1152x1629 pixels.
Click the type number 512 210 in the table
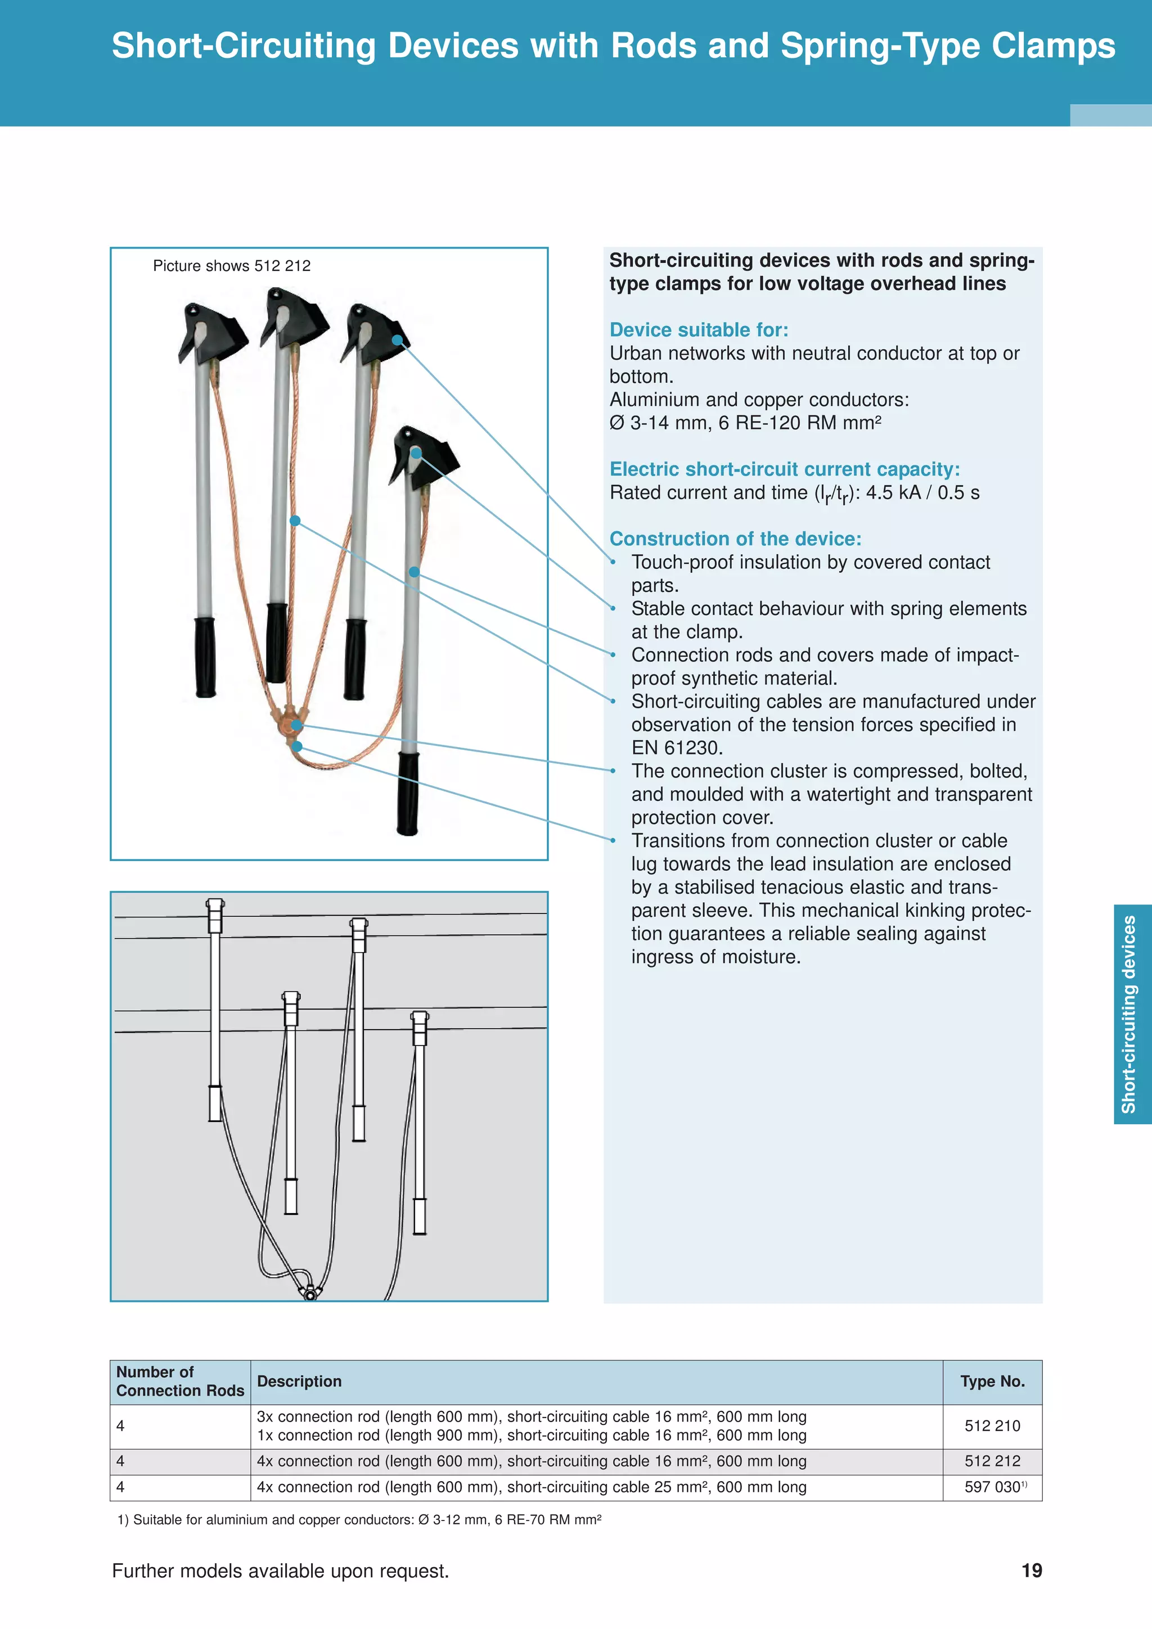tap(992, 1426)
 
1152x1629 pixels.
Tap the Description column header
tap(299, 1381)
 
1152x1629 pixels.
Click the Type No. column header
tap(992, 1381)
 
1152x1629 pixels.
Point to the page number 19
tap(1031, 1571)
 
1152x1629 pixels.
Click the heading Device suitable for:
tap(699, 330)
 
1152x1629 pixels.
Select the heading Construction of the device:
tap(735, 539)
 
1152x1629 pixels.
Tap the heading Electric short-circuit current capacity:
tap(784, 469)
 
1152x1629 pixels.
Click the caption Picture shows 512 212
tap(231, 266)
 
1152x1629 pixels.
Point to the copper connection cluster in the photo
tap(290, 720)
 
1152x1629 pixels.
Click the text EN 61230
tap(677, 748)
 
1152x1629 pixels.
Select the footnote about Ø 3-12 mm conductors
tap(359, 1520)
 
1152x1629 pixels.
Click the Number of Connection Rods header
tap(179, 1381)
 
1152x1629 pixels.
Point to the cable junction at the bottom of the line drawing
tap(310, 1292)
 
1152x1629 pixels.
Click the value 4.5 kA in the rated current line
tap(892, 492)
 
